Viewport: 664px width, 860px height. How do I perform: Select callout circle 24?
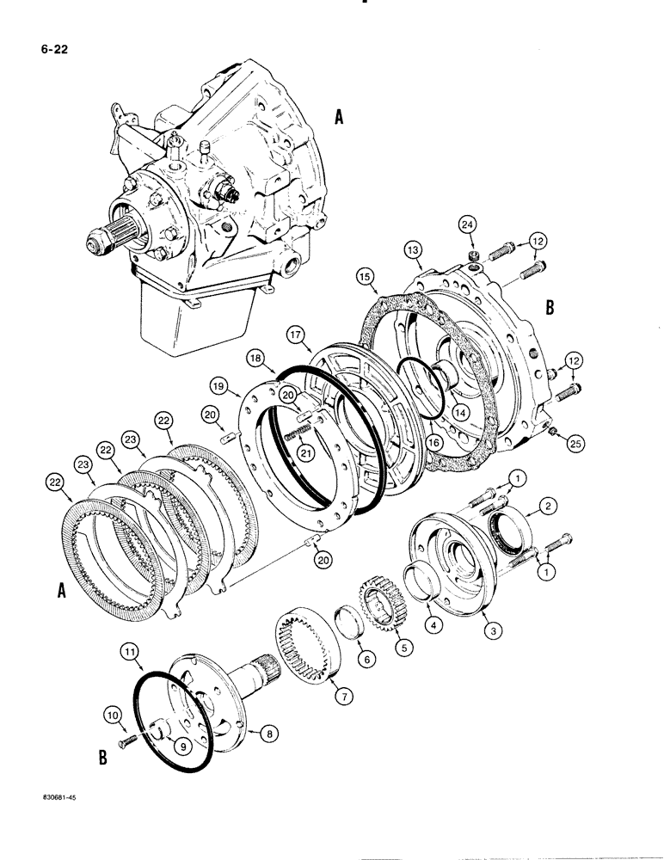click(467, 226)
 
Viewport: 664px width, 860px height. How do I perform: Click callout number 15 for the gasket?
click(365, 278)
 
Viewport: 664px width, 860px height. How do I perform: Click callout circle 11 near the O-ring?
click(131, 654)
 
